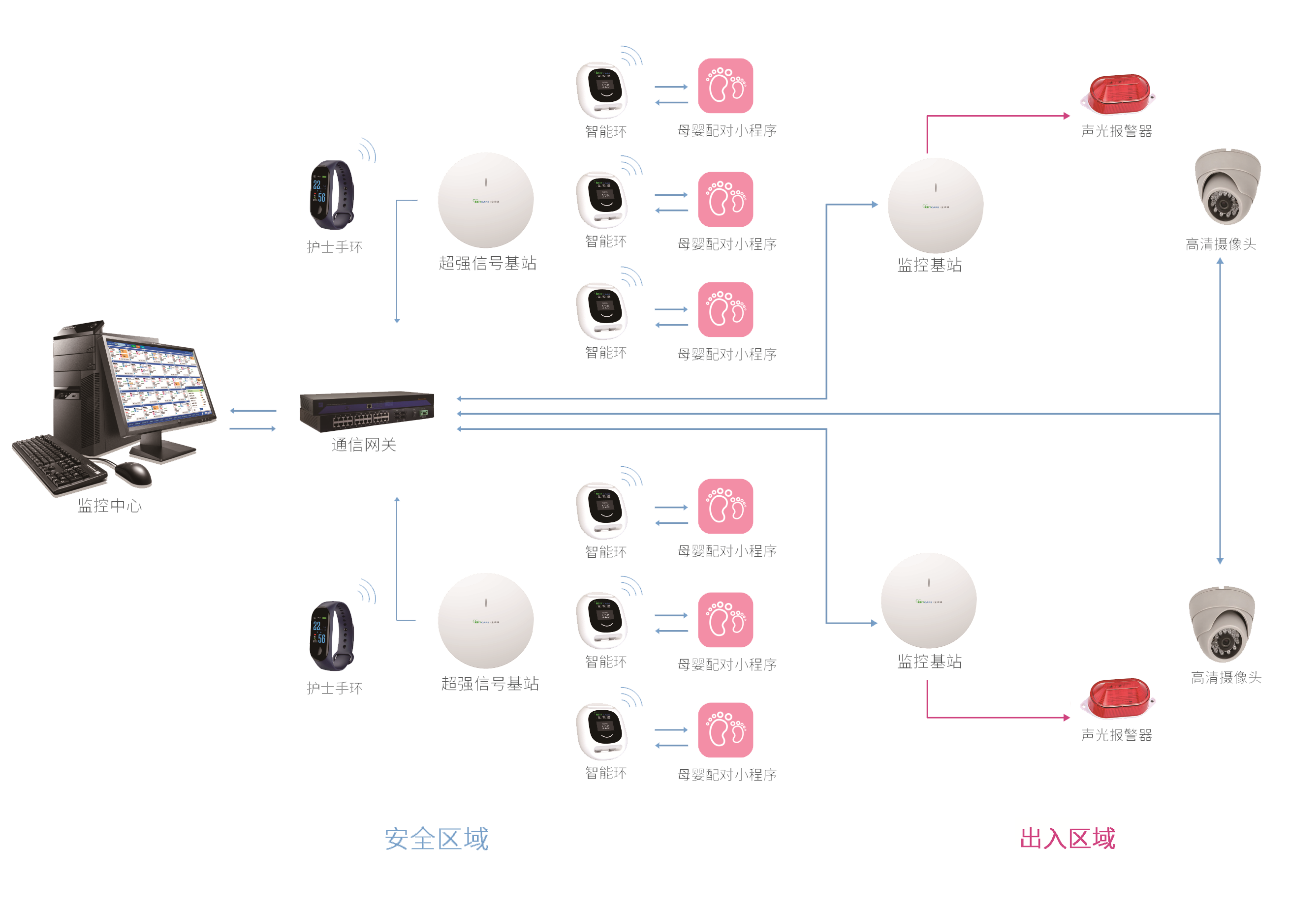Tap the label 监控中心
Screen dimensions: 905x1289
tap(109, 506)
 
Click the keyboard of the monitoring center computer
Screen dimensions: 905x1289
tap(59, 463)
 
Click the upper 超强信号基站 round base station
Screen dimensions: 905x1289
tap(486, 200)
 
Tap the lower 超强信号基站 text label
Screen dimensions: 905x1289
tap(490, 683)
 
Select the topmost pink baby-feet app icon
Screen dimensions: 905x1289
tap(725, 86)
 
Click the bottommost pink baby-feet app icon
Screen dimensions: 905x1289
tap(725, 730)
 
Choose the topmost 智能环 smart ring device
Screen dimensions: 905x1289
tap(602, 90)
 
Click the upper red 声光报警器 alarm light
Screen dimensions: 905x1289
tap(1118, 94)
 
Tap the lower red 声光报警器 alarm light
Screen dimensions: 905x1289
tap(1118, 698)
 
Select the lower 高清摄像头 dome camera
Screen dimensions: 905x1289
tap(1222, 626)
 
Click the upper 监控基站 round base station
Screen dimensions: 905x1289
tap(935, 206)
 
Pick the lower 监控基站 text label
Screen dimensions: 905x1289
tap(929, 662)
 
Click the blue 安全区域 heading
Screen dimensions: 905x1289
tap(436, 839)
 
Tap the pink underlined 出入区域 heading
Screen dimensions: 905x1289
tap(1068, 838)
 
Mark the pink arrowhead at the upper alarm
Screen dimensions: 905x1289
tap(1067, 116)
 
